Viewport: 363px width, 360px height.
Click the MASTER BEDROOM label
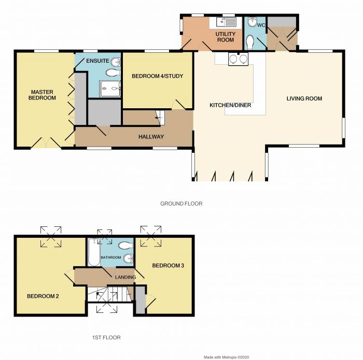coord(42,95)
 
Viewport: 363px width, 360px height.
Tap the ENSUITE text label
coord(97,61)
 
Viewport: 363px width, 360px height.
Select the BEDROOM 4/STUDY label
coord(158,76)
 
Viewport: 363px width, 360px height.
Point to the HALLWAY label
coord(151,137)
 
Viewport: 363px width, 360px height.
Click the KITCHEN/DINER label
coord(230,105)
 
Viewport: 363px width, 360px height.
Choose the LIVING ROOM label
coord(304,98)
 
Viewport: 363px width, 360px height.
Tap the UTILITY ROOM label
coord(226,37)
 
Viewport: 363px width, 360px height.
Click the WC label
coord(261,25)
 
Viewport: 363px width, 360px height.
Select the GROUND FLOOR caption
coord(181,204)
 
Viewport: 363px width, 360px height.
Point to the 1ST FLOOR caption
coord(106,338)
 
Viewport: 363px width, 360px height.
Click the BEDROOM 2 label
coord(43,296)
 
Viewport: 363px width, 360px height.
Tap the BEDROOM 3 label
coord(168,265)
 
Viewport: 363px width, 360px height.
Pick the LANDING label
coord(125,277)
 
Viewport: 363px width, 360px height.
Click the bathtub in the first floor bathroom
coord(94,252)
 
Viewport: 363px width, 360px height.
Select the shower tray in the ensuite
coord(110,89)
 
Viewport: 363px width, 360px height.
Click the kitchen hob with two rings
coord(238,59)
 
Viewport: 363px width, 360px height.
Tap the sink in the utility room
coord(226,22)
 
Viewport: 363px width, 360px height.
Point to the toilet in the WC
coord(250,42)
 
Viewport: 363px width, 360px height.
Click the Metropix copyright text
coord(227,357)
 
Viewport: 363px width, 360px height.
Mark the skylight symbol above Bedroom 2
coord(51,236)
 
